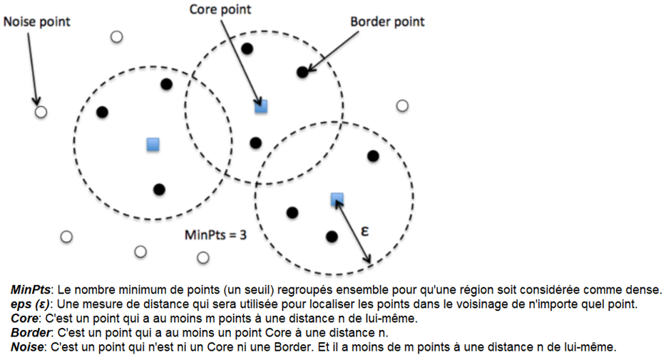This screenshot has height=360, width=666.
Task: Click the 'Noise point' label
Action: [37, 21]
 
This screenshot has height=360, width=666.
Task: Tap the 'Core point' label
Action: [220, 9]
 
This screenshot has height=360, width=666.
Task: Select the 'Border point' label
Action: [387, 21]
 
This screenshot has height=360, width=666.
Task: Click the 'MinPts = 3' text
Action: [215, 235]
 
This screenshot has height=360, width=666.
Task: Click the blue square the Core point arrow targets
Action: [261, 106]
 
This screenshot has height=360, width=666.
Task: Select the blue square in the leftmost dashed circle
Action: [153, 144]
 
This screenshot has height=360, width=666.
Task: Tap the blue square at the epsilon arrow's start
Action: [337, 199]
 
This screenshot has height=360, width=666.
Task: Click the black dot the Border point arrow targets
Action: [302, 72]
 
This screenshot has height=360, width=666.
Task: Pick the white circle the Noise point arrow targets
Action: [41, 112]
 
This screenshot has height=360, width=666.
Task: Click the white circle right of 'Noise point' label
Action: [117, 37]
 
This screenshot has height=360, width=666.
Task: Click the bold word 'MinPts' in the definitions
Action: [30, 290]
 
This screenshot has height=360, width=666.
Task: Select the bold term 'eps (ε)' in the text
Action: [30, 304]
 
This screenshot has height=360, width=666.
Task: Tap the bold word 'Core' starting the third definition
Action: [24, 319]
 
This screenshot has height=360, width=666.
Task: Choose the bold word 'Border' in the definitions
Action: [30, 333]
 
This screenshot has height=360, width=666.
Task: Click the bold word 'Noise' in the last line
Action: [27, 347]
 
